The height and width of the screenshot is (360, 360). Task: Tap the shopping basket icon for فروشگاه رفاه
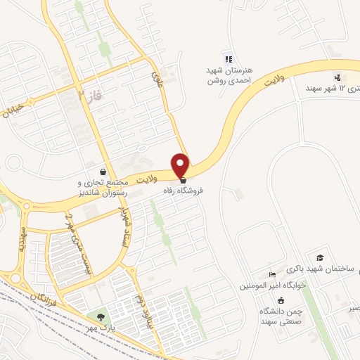tap(183, 181)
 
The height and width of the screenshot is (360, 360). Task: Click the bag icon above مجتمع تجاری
tap(104, 171)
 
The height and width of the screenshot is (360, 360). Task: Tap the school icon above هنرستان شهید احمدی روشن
tap(226, 58)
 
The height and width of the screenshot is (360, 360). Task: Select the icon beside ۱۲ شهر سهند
tap(338, 77)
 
